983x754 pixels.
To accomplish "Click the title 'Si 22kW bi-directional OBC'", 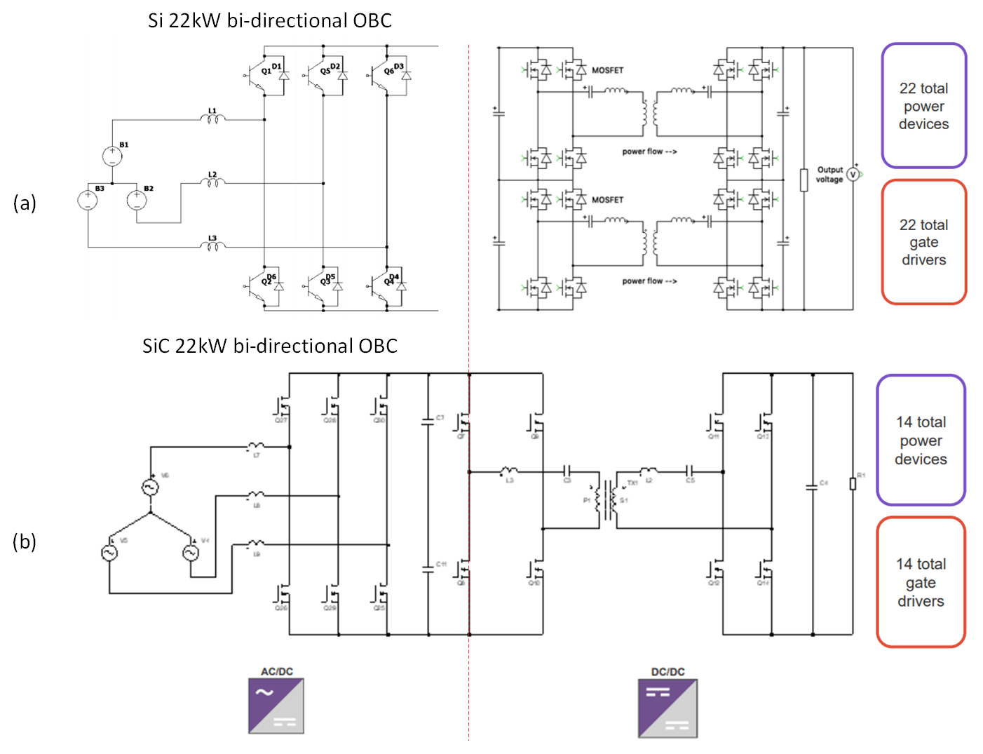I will click(x=270, y=21).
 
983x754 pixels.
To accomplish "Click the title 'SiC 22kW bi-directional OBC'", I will click(x=270, y=346).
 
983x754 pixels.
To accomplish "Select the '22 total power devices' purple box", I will click(x=923, y=106).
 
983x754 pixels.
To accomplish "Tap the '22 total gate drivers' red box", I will click(x=923, y=242).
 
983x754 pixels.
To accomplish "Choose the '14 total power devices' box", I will click(x=921, y=440).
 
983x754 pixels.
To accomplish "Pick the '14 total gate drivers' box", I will click(x=921, y=582).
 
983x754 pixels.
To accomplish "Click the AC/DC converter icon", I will click(x=276, y=705).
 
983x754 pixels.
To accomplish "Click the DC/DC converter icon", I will click(x=667, y=708).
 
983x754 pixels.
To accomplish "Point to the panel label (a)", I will click(x=25, y=203).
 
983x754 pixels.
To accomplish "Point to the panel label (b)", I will click(x=25, y=541).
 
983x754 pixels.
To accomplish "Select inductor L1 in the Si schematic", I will click(x=212, y=119).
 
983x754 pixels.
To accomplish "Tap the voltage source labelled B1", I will click(x=112, y=156).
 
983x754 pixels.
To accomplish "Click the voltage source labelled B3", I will click(x=88, y=200).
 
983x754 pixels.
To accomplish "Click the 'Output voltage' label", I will click(x=829, y=175).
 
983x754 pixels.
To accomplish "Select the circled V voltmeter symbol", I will click(x=853, y=174).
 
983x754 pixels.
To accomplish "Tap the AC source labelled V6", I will click(x=150, y=487).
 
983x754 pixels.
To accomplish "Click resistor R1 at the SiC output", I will click(x=853, y=483).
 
